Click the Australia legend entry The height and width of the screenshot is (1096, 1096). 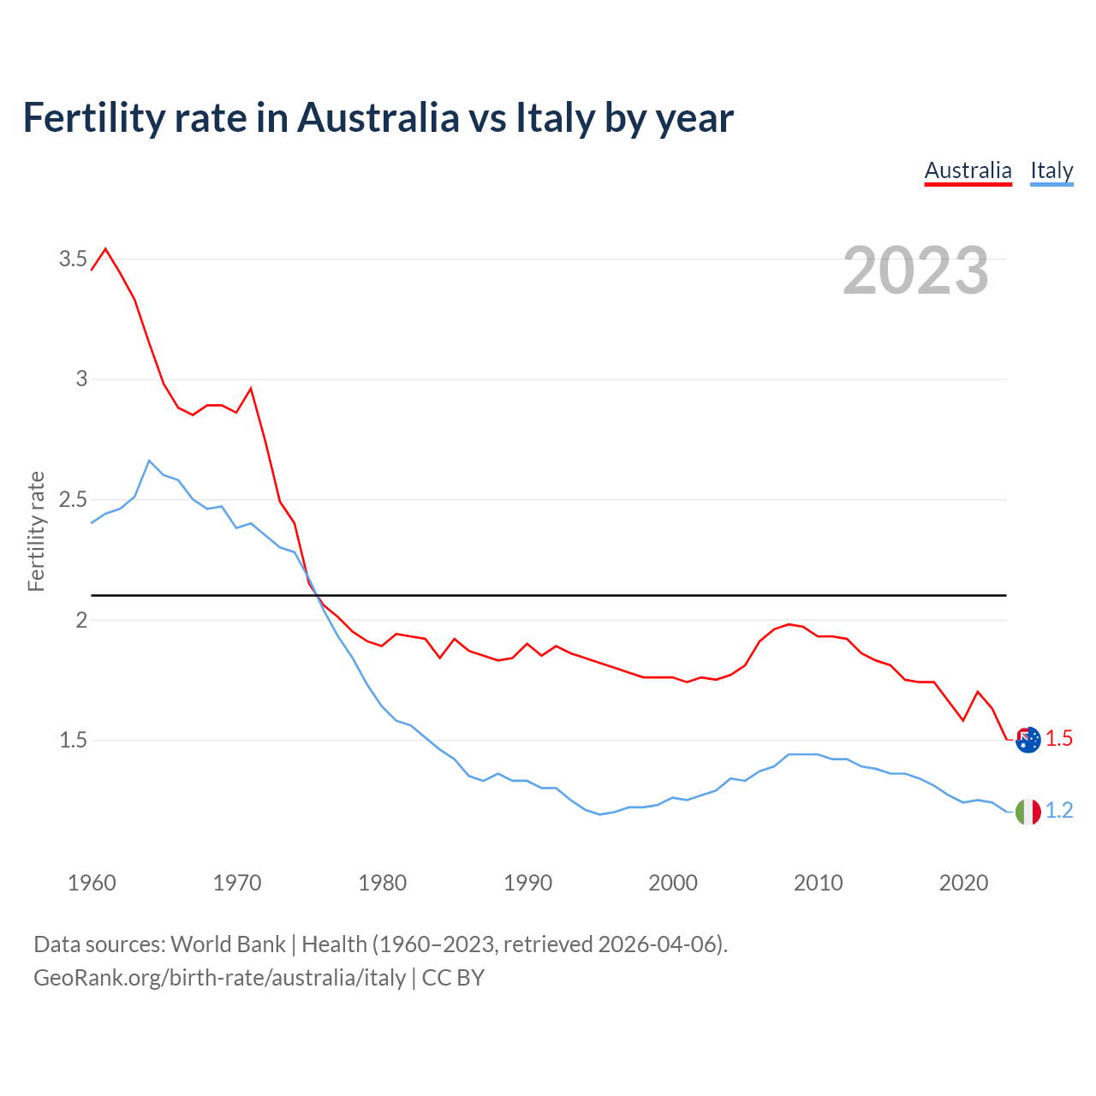point(968,170)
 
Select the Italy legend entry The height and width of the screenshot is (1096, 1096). point(1051,170)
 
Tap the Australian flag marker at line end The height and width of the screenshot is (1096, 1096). point(1027,739)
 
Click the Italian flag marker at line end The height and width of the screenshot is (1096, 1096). point(1027,811)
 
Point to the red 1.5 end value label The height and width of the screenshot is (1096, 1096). point(1059,738)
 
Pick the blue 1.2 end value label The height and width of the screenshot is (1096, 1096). point(1059,810)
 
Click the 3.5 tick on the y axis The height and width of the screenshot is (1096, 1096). point(73,259)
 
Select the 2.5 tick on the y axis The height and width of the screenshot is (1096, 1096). point(73,499)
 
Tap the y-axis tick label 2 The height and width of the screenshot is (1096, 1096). point(82,620)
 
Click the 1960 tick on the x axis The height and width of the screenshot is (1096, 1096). point(92,883)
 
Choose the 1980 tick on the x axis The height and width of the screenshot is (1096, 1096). point(383,883)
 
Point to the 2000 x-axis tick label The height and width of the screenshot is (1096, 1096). point(673,883)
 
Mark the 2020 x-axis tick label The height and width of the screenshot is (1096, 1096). point(964,883)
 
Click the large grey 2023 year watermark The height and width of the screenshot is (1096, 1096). point(915,271)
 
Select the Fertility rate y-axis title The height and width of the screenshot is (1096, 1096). point(36,531)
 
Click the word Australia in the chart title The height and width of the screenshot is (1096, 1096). point(378,117)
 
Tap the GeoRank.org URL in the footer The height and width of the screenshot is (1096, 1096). point(219,977)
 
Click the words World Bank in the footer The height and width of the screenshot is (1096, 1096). point(228,944)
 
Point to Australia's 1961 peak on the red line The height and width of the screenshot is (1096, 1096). point(106,249)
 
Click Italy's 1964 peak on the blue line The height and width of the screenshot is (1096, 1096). point(149,461)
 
